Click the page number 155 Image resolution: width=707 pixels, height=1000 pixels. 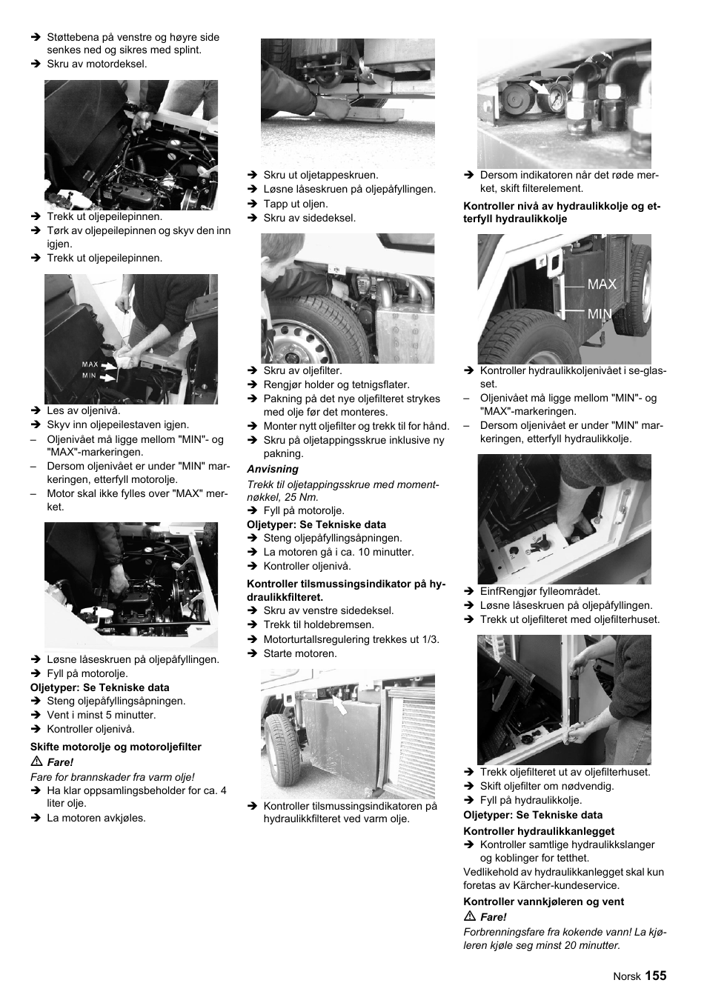coord(655,976)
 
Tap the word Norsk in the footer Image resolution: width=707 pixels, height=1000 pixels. coord(626,976)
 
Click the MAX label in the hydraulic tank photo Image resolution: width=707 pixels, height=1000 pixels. coord(601,284)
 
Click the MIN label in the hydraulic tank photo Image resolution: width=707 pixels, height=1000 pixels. coord(600,314)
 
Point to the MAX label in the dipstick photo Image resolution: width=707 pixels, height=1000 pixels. coord(90,364)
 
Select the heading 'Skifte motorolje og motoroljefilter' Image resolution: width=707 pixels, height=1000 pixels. coord(116,747)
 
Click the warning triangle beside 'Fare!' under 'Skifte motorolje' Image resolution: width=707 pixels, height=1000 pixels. coord(35,762)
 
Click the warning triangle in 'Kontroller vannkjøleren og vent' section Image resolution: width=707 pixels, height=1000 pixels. coord(468,917)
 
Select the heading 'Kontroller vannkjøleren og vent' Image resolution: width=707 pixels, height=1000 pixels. coord(543,901)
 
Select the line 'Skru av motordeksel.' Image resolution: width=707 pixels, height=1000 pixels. coord(96,64)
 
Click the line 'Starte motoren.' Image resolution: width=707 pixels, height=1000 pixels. coord(299,653)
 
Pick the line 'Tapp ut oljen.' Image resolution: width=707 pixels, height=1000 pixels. coord(295,204)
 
